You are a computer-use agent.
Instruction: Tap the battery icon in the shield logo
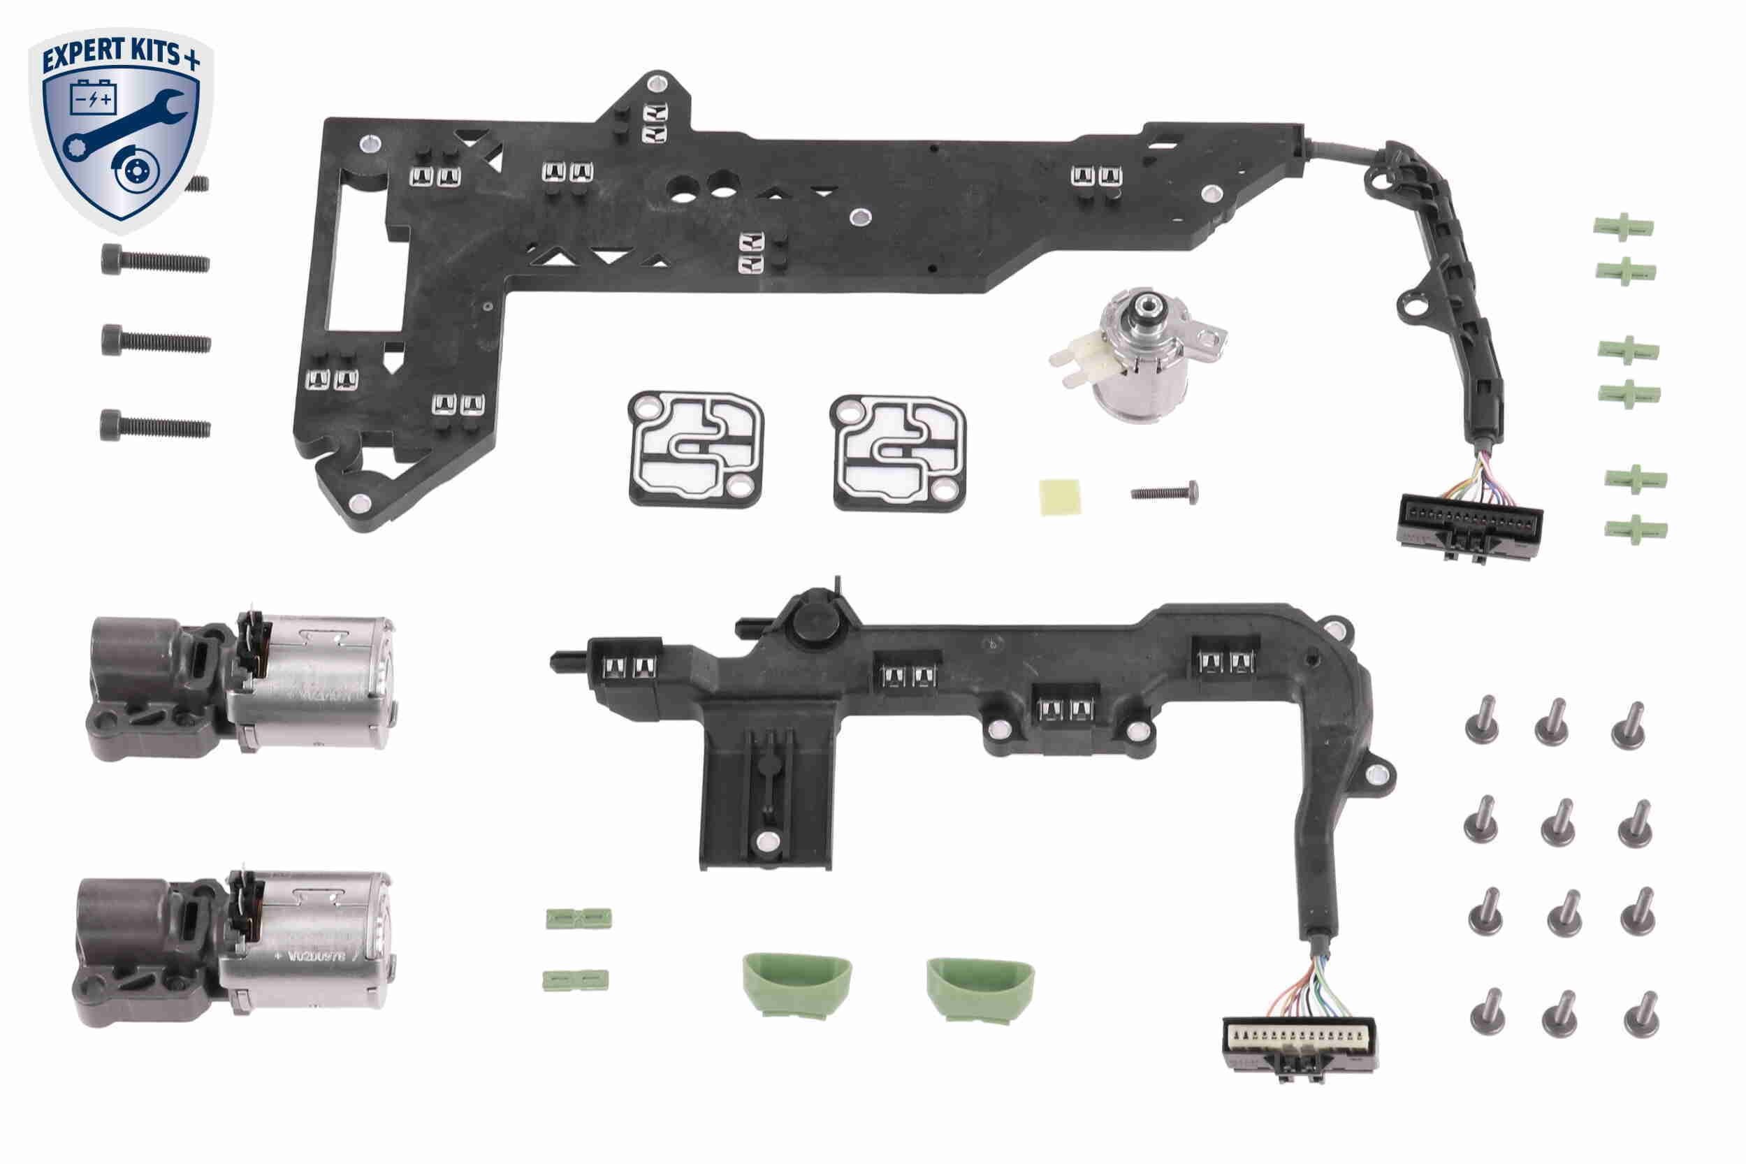pyautogui.click(x=93, y=98)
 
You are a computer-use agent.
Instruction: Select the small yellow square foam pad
pyautogui.click(x=1059, y=496)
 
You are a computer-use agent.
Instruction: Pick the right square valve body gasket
pyautogui.click(x=899, y=452)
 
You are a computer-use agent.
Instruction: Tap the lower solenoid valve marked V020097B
pyautogui.click(x=232, y=948)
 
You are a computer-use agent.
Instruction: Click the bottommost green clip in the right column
pyautogui.click(x=1636, y=530)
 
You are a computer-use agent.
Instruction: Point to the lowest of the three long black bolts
pyautogui.click(x=155, y=425)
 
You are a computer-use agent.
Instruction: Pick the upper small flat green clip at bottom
pyautogui.click(x=579, y=917)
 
